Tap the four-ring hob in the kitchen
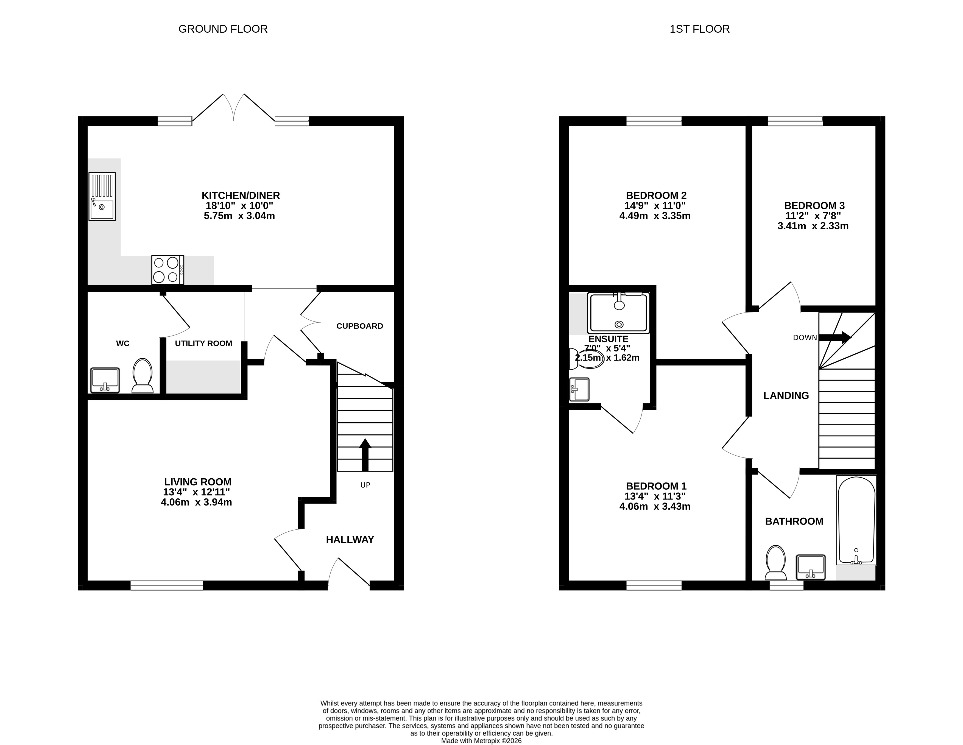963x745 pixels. (168, 270)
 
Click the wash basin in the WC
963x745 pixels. (105, 380)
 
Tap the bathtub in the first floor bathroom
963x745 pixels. (856, 520)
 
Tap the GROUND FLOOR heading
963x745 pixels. (223, 29)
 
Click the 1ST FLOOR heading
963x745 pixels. (700, 29)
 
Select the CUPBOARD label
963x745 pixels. (360, 326)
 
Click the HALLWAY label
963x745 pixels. (350, 540)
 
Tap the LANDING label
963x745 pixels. (786, 396)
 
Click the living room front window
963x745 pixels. (167, 585)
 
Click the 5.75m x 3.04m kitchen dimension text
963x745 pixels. (239, 216)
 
